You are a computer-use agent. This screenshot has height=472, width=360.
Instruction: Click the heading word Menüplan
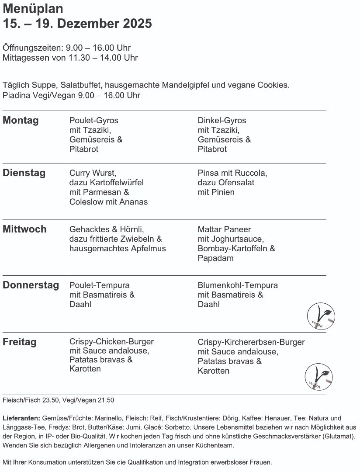pyautogui.click(x=33, y=9)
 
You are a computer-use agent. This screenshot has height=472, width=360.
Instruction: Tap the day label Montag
pyautogui.click(x=21, y=121)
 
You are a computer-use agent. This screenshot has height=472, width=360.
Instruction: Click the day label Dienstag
pyautogui.click(x=24, y=173)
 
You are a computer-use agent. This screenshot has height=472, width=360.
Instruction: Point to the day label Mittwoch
pyautogui.click(x=24, y=229)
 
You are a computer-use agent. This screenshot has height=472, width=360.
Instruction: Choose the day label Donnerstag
pyautogui.click(x=31, y=285)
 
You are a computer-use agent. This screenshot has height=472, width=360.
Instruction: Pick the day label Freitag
pyautogui.click(x=20, y=342)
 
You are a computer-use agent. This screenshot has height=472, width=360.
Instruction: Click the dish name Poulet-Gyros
pyautogui.click(x=94, y=121)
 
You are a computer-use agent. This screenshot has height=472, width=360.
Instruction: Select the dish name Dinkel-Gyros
pyautogui.click(x=222, y=121)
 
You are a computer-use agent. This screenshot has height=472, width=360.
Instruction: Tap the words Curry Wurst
pyautogui.click(x=93, y=173)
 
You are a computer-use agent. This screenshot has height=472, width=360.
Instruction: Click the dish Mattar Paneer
pyautogui.click(x=225, y=229)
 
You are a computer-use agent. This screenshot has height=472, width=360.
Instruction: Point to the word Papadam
pyautogui.click(x=216, y=258)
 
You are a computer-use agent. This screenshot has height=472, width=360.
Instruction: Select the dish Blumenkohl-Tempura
pyautogui.click(x=238, y=285)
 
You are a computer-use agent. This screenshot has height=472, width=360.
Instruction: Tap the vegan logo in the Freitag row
pyautogui.click(x=318, y=377)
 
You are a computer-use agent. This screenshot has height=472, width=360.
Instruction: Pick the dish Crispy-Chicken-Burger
pyautogui.click(x=111, y=342)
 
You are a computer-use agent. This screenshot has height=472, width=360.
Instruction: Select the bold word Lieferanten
pyautogui.click(x=21, y=418)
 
